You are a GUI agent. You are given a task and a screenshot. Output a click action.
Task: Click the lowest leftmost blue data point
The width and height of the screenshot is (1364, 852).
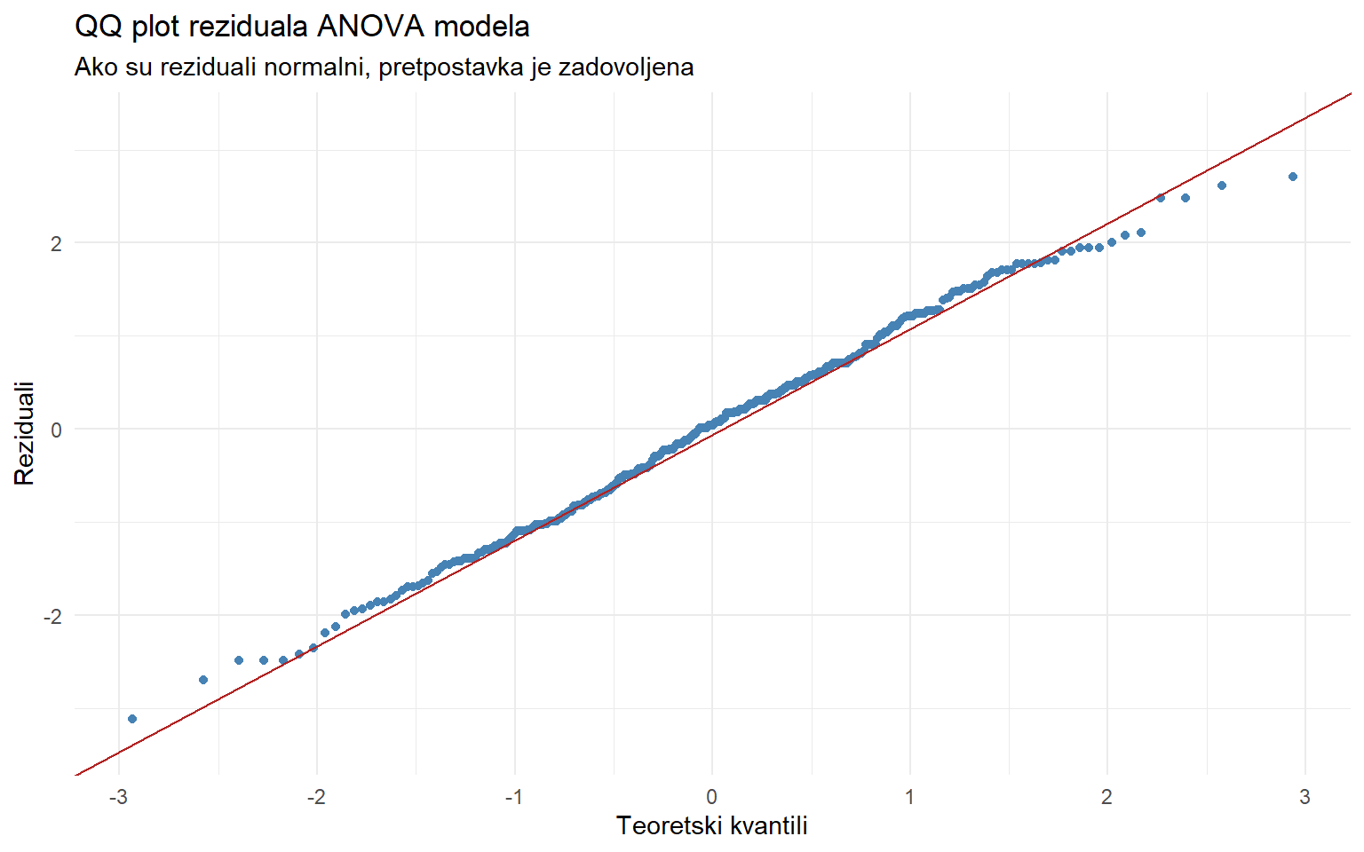pos(132,719)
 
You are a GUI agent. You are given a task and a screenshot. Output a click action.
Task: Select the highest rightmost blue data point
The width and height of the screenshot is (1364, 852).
pos(1292,177)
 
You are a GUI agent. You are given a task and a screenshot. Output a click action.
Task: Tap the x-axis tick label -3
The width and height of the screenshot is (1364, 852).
pos(118,797)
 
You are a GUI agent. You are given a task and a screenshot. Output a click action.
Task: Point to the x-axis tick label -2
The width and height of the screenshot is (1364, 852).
pos(316,797)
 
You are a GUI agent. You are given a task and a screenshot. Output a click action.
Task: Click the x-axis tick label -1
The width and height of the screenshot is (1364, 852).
pos(513,797)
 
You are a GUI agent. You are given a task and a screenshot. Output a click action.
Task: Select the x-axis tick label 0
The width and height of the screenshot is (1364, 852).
pos(711,797)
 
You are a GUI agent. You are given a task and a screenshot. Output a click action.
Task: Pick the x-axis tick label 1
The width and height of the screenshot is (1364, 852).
pos(909,797)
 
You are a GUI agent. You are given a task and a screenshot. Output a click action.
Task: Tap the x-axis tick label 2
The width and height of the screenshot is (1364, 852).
pos(1106,797)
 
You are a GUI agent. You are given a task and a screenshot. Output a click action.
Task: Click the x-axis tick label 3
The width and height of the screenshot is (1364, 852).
pos(1305,797)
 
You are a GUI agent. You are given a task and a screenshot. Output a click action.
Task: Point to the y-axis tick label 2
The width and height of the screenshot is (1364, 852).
pos(56,244)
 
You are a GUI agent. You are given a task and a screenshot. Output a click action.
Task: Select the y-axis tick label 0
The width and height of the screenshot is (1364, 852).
pos(56,430)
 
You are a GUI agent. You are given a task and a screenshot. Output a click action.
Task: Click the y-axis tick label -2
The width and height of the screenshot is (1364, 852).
pos(52,617)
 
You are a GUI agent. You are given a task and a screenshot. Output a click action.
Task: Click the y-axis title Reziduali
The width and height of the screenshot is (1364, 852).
pos(24,433)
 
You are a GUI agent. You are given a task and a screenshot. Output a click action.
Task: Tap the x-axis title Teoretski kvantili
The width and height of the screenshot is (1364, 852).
pos(711,826)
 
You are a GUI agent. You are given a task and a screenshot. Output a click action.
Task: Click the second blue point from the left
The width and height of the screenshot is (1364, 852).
pos(203,680)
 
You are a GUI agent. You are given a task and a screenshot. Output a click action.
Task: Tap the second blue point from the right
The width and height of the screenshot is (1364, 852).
pos(1222,185)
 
